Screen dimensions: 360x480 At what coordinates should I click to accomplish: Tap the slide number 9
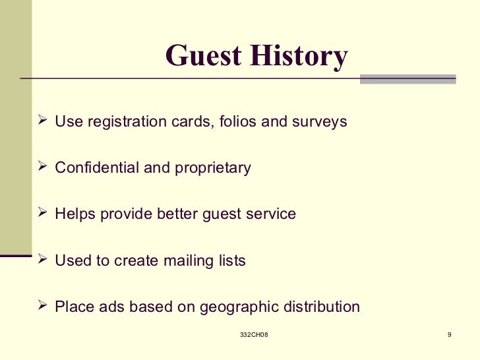click(x=449, y=336)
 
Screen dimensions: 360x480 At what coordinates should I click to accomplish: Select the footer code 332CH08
click(x=254, y=336)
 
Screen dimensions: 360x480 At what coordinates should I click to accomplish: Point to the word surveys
click(x=318, y=122)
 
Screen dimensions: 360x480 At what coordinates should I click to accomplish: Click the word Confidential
click(x=97, y=168)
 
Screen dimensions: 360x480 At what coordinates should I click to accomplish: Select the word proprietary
click(x=212, y=169)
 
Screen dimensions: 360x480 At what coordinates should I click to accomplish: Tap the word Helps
click(x=75, y=214)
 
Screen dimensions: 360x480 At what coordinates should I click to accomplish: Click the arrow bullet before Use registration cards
click(x=44, y=121)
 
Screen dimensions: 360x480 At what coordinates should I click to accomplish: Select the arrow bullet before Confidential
click(x=44, y=167)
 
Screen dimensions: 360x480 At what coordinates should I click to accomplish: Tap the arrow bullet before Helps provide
click(x=44, y=214)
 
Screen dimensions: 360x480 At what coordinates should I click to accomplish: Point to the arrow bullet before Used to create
click(x=44, y=260)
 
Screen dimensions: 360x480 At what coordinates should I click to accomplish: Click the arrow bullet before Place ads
click(x=44, y=307)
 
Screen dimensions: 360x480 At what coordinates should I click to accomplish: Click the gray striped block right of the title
click(x=407, y=78)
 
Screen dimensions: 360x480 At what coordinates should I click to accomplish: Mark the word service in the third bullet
click(x=272, y=214)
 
